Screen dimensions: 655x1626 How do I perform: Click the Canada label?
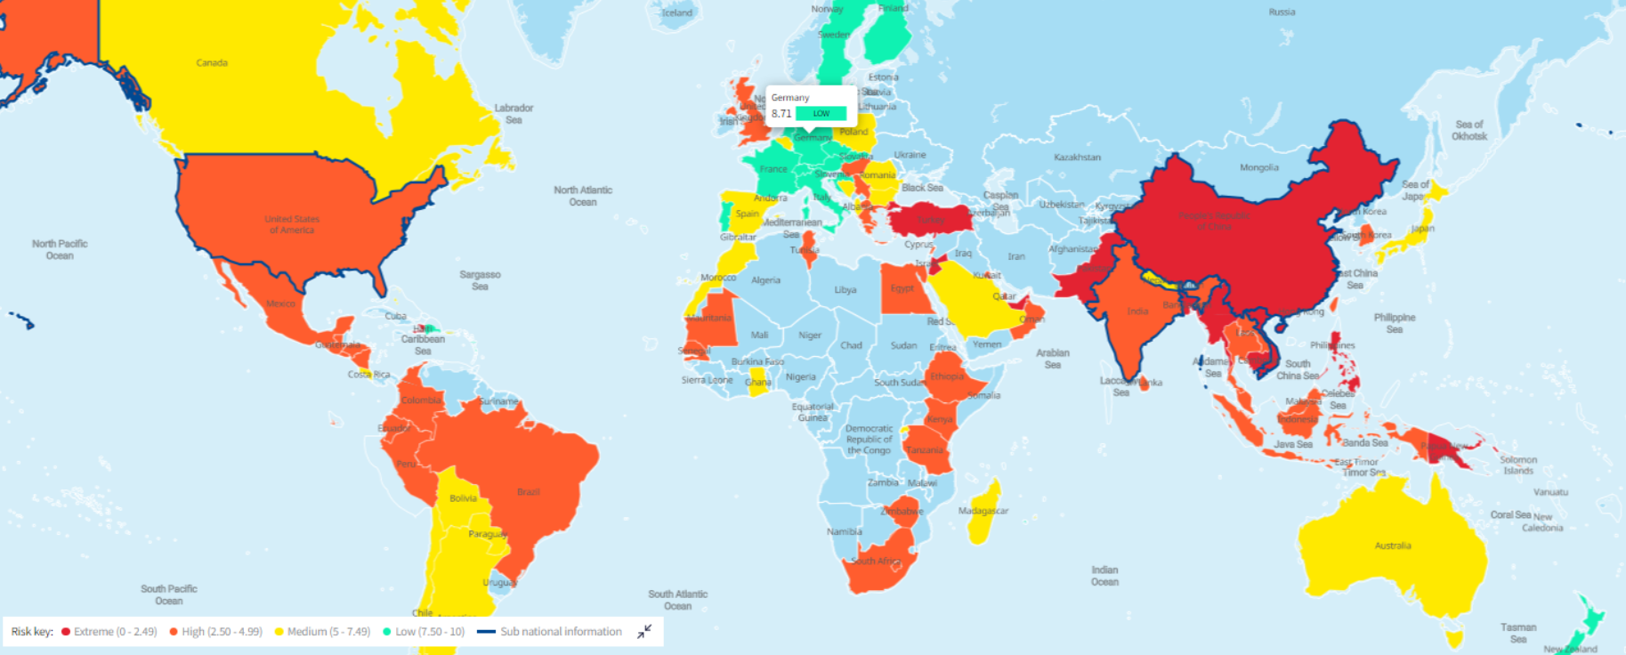(212, 63)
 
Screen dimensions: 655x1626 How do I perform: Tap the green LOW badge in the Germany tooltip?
(821, 114)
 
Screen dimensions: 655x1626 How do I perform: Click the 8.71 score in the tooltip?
(781, 114)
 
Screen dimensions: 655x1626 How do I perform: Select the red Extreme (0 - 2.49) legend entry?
(109, 632)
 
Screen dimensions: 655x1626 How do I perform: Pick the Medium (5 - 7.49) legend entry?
(322, 632)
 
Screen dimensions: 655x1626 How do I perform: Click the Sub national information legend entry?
(550, 632)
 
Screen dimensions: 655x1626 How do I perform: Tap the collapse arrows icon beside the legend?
(645, 632)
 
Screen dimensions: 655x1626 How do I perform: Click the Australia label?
(1392, 546)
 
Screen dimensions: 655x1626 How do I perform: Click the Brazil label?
(528, 492)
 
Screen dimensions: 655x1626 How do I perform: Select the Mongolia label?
(1258, 167)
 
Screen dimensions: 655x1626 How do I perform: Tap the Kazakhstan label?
(1077, 158)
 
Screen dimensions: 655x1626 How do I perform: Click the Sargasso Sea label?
(480, 280)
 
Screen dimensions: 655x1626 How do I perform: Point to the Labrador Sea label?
(514, 114)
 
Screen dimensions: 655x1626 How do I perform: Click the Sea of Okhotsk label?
(1468, 130)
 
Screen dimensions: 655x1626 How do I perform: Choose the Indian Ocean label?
(1104, 576)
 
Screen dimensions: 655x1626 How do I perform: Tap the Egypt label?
(902, 288)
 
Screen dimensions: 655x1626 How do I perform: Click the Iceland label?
(676, 12)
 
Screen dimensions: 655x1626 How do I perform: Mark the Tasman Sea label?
(1517, 633)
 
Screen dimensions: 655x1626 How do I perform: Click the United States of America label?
(292, 224)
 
